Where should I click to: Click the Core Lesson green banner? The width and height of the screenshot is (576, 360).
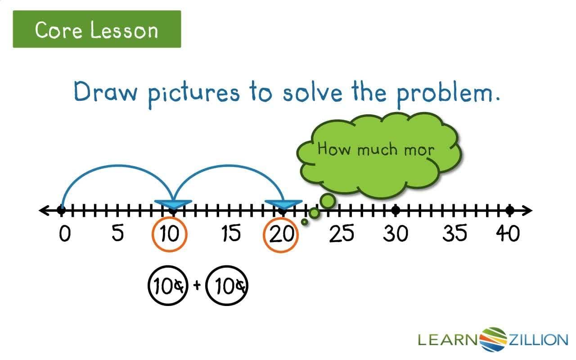click(x=97, y=30)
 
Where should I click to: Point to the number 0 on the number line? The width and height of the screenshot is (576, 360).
click(x=65, y=234)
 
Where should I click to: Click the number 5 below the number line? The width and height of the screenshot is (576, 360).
click(x=117, y=234)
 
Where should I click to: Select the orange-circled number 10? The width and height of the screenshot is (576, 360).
click(x=169, y=235)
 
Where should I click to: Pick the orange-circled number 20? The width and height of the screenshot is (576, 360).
click(x=281, y=235)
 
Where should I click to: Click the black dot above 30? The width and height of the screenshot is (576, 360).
click(x=396, y=210)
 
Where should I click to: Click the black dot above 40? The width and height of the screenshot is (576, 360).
click(x=509, y=210)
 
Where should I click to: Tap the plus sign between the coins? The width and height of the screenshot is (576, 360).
click(x=197, y=285)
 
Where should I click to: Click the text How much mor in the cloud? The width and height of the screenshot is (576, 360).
click(x=376, y=149)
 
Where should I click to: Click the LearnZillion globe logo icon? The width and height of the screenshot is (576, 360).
click(x=494, y=339)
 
